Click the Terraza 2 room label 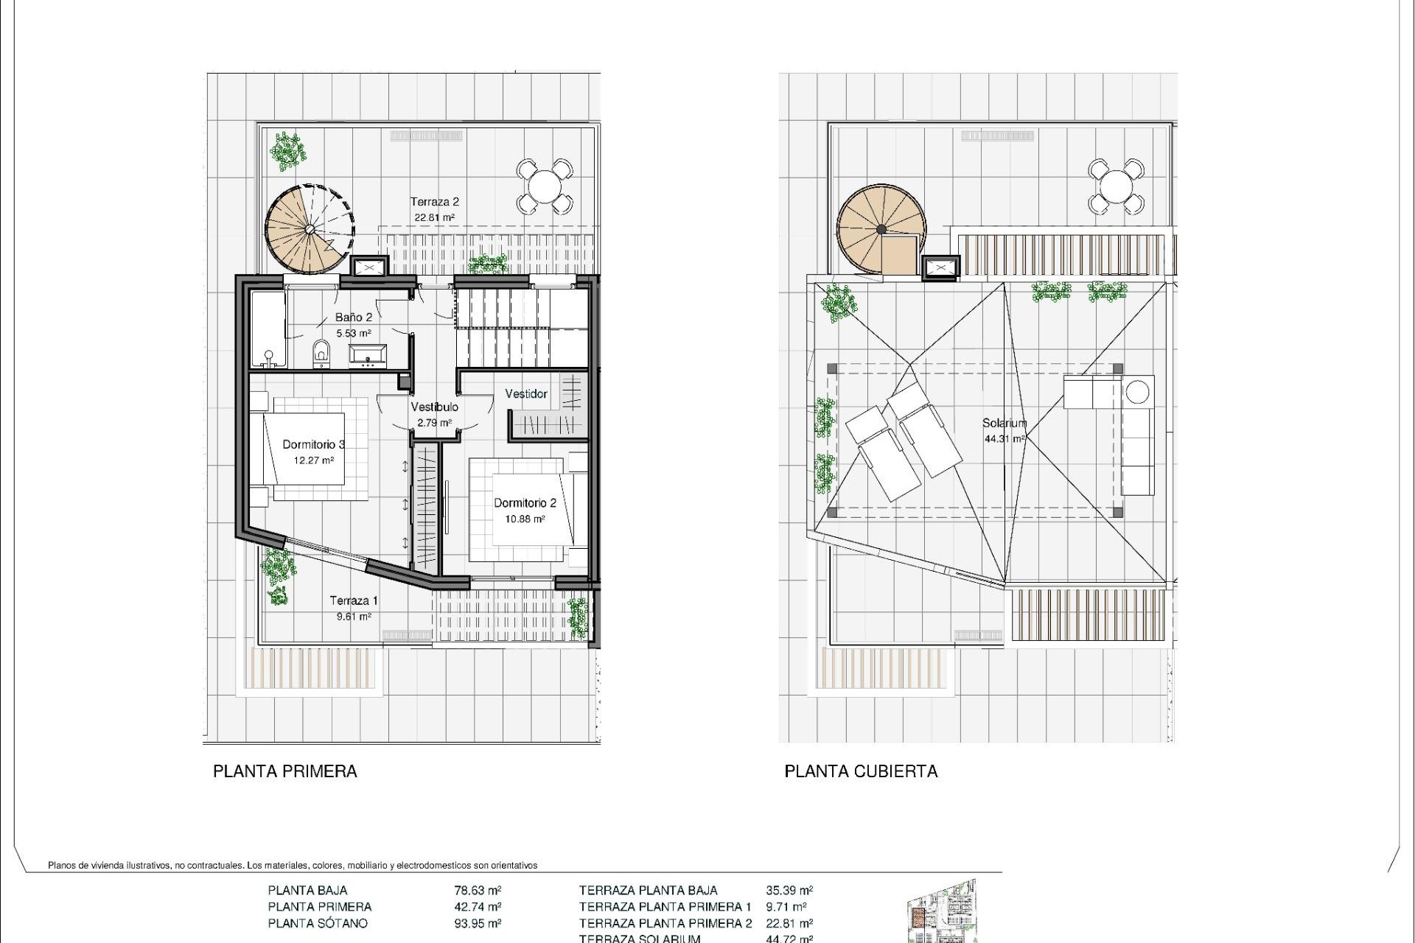(435, 202)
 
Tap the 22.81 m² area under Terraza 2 (434, 218)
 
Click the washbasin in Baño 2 (367, 356)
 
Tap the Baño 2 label (354, 318)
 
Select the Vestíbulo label (434, 407)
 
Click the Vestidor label (526, 394)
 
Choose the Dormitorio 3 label (314, 444)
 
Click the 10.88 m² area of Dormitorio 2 (525, 519)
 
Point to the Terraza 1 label (354, 600)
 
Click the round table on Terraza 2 (544, 186)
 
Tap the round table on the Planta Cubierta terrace (1116, 186)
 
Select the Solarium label (1004, 424)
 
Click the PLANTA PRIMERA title (285, 771)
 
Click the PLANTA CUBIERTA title (861, 771)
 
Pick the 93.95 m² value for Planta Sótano (478, 923)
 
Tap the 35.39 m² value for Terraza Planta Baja (789, 891)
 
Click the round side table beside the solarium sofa (1138, 391)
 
